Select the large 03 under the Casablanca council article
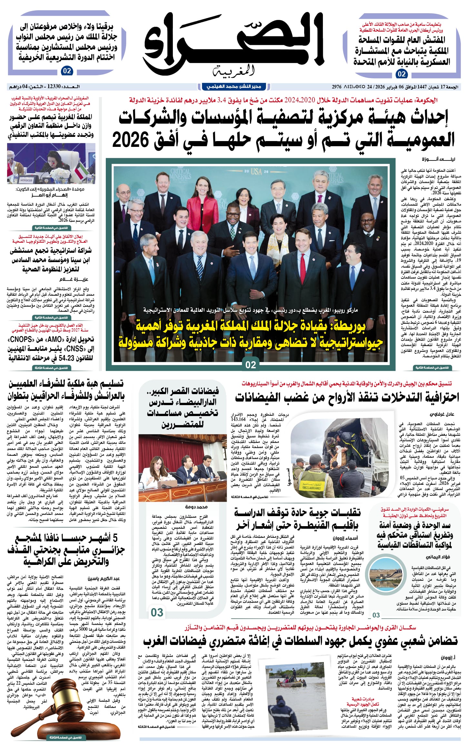tap(157, 612)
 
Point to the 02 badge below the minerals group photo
tap(251, 365)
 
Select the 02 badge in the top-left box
tap(67, 71)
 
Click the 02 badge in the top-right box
tap(402, 74)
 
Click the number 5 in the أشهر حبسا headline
tap(115, 538)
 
